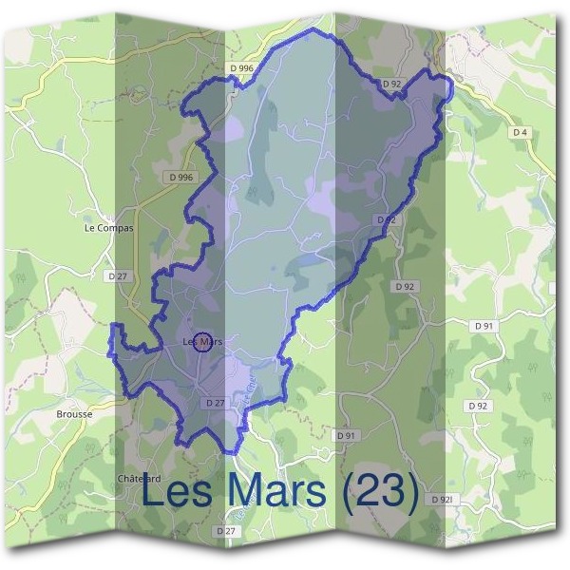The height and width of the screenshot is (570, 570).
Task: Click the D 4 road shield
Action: point(520,133)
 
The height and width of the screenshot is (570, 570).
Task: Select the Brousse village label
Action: point(74,414)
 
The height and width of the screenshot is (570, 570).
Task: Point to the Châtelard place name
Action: point(138,477)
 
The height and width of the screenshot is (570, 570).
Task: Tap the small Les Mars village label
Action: point(201,342)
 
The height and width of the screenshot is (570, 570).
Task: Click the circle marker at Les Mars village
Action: point(201,342)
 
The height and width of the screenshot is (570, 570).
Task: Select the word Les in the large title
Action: point(180,493)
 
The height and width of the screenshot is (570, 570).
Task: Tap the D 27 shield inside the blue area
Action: point(215,403)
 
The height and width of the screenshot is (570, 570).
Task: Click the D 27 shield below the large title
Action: point(225,530)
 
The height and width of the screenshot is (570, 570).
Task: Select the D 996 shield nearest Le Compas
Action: point(180,177)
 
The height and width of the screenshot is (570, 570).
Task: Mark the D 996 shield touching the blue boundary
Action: point(241,68)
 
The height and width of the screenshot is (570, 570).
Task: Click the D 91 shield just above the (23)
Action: point(345,435)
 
